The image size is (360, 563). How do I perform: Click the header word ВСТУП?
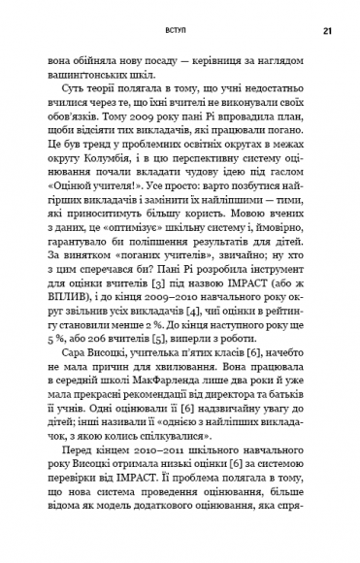[x=180, y=30]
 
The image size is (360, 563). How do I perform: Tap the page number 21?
[x=328, y=30]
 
